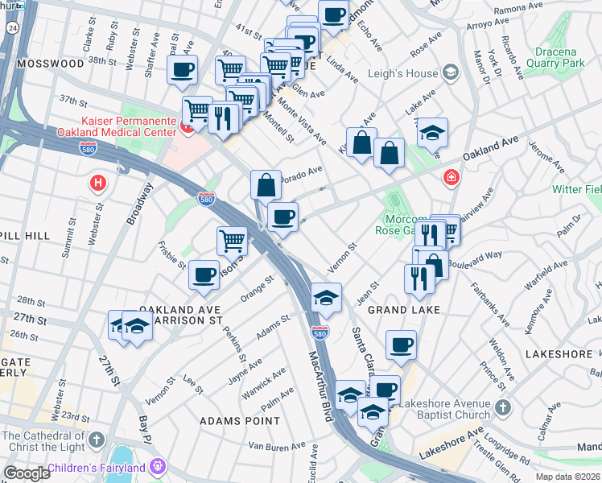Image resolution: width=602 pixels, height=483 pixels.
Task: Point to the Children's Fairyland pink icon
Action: click(x=158, y=467)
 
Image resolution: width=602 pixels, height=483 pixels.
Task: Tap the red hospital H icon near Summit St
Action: click(x=98, y=183)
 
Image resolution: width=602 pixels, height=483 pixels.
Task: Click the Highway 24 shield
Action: click(x=14, y=27)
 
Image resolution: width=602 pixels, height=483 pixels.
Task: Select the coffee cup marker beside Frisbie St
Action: click(x=204, y=274)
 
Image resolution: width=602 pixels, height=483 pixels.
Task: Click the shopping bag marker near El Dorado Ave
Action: click(x=266, y=184)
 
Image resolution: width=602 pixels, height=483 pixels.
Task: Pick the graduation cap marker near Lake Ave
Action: click(x=432, y=131)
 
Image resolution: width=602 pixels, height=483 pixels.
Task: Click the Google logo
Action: click(x=27, y=473)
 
